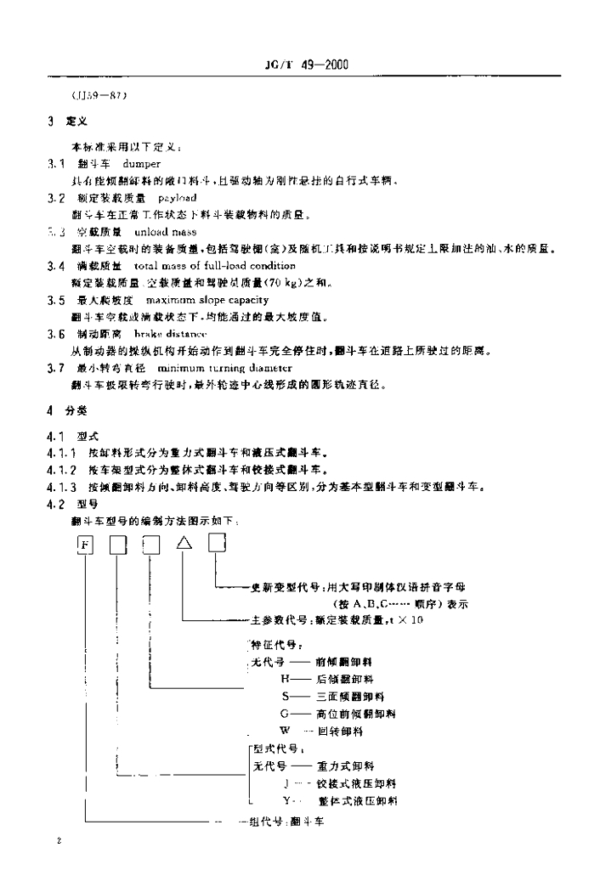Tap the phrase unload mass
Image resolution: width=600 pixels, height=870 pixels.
pos(171,231)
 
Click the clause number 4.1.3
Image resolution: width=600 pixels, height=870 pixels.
pos(63,489)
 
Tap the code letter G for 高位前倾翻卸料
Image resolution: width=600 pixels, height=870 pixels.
pos(283,712)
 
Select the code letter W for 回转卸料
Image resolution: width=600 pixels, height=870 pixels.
pos(283,730)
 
